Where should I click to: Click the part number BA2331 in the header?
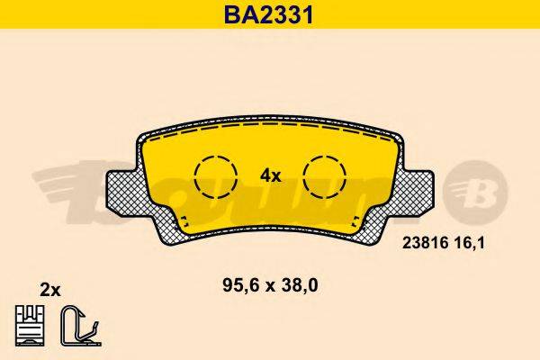point(269,13)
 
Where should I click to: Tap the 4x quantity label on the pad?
point(270,176)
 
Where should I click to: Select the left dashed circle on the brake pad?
point(216,174)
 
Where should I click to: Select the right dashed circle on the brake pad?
point(324,175)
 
